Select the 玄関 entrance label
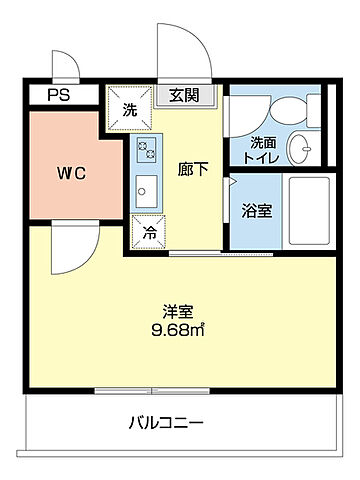point(183,96)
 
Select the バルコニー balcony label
point(166,423)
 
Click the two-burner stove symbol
point(146,151)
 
